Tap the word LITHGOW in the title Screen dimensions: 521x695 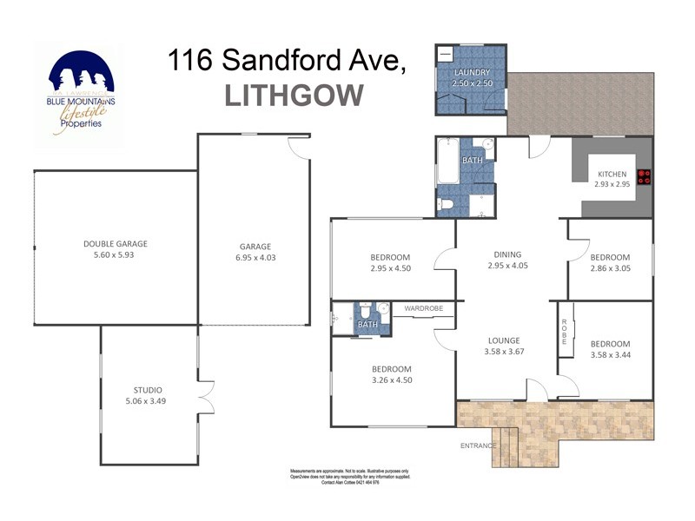coord(294,95)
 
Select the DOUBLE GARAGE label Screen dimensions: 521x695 coord(109,244)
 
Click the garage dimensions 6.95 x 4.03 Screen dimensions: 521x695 coord(255,258)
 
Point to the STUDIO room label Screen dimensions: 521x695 coord(148,390)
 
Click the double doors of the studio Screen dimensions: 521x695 coord(206,397)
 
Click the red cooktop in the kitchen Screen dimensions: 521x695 coord(645,177)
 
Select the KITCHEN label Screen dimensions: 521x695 coord(612,174)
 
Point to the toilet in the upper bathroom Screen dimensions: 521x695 coord(447,205)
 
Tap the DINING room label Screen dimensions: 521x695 coord(507,254)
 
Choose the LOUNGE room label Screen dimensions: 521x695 coord(504,340)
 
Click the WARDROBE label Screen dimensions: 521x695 coord(423,307)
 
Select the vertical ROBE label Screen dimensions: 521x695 coord(564,331)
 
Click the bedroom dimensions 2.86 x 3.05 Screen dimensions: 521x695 coord(610,269)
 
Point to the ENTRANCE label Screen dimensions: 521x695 coord(478,445)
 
